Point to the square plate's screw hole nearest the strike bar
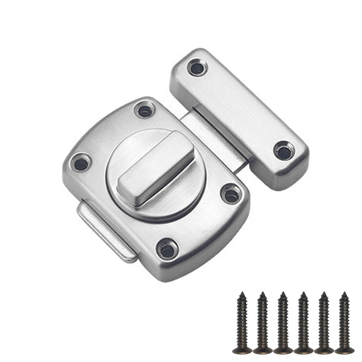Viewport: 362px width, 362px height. [x=231, y=195]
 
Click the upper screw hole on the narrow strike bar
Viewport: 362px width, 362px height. [x=197, y=68]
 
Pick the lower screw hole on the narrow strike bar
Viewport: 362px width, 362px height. [x=284, y=151]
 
